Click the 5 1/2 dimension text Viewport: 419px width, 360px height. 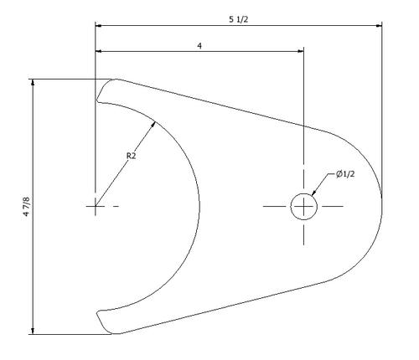pyautogui.click(x=239, y=19)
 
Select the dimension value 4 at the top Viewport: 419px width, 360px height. pyautogui.click(x=199, y=45)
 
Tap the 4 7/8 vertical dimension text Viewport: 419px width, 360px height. pyautogui.click(x=26, y=207)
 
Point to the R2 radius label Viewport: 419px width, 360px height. pyautogui.click(x=131, y=156)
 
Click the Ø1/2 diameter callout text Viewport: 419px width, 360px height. pyautogui.click(x=345, y=174)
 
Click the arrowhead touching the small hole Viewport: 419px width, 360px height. pyautogui.click(x=313, y=193)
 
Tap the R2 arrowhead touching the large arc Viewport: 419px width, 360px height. pyautogui.click(x=153, y=125)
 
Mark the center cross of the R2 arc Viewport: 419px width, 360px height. pyautogui.click(x=96, y=206)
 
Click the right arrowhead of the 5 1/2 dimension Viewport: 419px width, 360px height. pyautogui.click(x=379, y=26)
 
